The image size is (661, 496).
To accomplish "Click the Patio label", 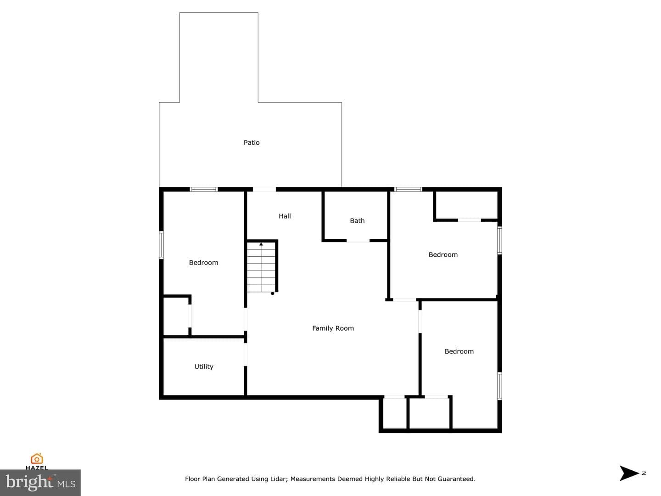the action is pos(252,142).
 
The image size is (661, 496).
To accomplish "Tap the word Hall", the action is pos(285,216).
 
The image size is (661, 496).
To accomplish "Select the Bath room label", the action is pos(357,221).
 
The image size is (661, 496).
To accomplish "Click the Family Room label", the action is pos(333,328).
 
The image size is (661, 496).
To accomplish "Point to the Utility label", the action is pos(204,366).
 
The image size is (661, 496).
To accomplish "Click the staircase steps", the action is pos(261,267).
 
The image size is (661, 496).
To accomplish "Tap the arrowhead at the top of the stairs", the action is pos(261,244).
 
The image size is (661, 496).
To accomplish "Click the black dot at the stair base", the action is pos(273,293).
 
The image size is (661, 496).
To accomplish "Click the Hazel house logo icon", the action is pos(37,459).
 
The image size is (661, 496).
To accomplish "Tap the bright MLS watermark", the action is pos(40,483).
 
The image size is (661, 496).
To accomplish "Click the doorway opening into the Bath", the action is pos(358,241).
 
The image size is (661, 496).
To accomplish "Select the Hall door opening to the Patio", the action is pos(264,189).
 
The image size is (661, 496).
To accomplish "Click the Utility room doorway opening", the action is pos(246,355).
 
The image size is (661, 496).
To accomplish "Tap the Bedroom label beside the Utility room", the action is pos(203,263).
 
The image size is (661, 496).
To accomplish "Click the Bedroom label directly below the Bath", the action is pos(443,255).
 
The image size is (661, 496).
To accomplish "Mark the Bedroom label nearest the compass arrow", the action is pos(459,351).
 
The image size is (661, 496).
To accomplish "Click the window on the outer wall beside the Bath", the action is pos(409,189).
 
